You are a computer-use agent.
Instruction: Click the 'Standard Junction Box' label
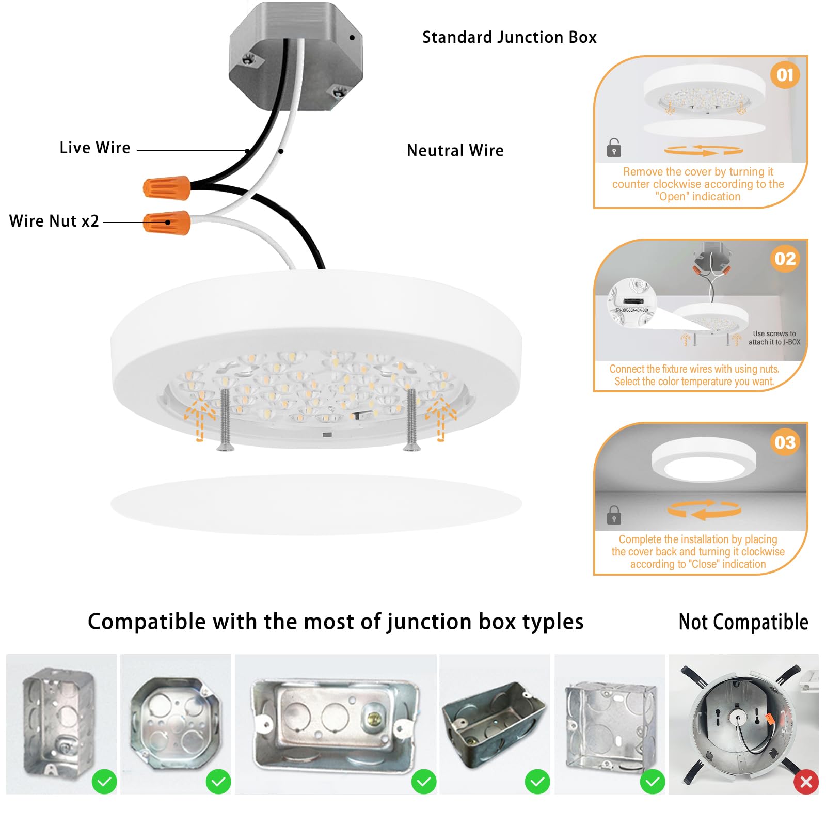509,37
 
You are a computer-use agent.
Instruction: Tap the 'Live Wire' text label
95,148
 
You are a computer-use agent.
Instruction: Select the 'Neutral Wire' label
455,150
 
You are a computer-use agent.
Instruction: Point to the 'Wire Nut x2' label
54,221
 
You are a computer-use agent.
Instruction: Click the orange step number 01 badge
785,75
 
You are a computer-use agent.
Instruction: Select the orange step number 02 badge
785,259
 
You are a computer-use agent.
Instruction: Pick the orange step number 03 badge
785,442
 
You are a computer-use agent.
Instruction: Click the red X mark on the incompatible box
806,782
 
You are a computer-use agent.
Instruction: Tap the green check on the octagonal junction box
218,782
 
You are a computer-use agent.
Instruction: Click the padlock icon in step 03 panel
614,515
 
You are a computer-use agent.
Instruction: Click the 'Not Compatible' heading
743,622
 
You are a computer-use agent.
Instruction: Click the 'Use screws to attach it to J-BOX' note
774,338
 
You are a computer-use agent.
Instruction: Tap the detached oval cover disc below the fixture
316,504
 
